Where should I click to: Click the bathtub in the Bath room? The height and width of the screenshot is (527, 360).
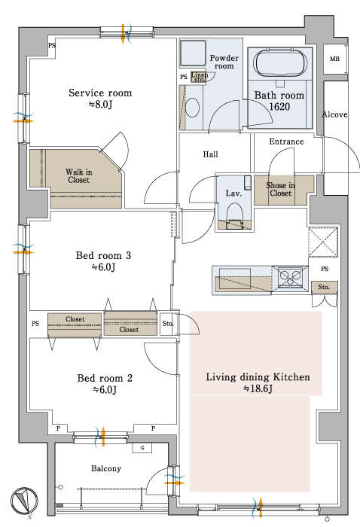(280, 63)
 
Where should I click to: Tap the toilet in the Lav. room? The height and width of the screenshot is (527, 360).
(234, 216)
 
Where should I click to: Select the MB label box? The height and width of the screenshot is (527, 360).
(334, 59)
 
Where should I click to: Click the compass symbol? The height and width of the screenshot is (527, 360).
(24, 501)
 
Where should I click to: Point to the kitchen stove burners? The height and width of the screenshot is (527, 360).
(290, 277)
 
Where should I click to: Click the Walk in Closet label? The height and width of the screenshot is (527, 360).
(78, 176)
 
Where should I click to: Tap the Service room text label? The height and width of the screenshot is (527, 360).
(100, 93)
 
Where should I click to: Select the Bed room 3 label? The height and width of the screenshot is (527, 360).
(103, 255)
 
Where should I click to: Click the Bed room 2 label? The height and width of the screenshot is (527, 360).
(105, 378)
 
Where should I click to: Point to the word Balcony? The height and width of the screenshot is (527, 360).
(106, 468)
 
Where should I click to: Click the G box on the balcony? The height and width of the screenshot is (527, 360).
(142, 448)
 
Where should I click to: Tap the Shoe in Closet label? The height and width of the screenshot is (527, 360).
(281, 189)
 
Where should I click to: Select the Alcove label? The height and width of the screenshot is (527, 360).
(334, 114)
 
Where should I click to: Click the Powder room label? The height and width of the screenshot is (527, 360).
(224, 62)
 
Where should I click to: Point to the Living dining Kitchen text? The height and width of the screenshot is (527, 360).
(258, 377)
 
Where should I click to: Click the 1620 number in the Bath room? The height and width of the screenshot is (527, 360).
(279, 107)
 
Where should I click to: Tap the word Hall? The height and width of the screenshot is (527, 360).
(210, 154)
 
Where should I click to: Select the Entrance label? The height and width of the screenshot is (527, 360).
(286, 142)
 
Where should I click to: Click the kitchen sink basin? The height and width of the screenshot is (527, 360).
(235, 276)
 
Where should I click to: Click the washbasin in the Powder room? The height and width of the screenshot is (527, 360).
(193, 108)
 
